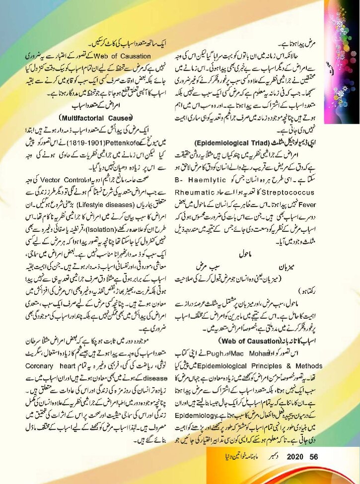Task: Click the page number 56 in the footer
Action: click(313, 470)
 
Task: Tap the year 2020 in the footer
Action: click(294, 470)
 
